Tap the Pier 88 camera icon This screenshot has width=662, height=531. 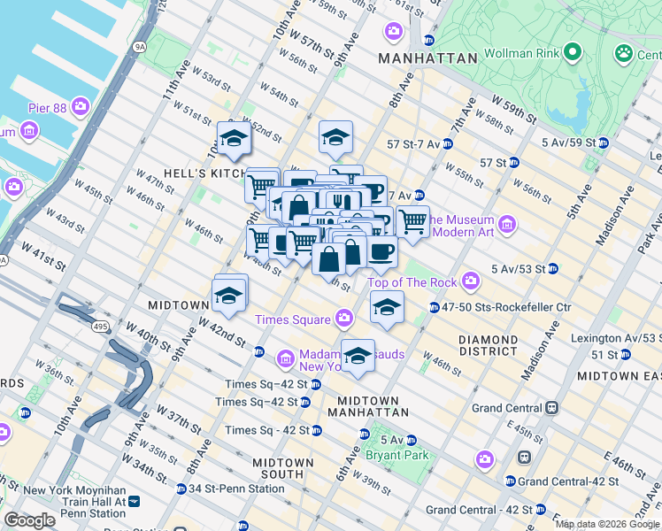[x=81, y=108]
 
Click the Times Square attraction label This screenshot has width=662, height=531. [x=291, y=319]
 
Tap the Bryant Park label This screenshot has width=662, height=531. [x=398, y=455]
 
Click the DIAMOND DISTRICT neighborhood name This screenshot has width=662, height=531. [x=489, y=346]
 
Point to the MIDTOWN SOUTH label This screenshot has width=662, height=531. [x=282, y=469]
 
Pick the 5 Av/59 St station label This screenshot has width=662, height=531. [x=565, y=142]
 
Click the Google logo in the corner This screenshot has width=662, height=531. [x=30, y=520]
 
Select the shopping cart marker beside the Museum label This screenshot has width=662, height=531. [x=412, y=222]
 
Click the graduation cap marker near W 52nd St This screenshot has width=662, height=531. [x=235, y=140]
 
